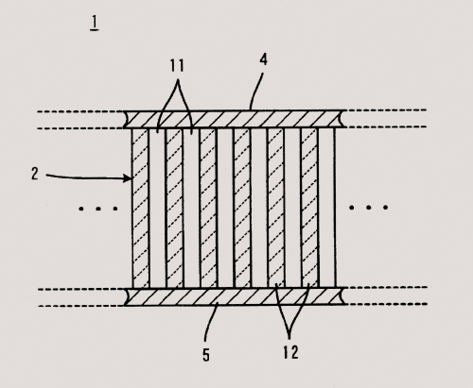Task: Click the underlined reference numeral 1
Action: point(95,24)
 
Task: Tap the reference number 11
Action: point(177,66)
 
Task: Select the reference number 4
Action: point(264,59)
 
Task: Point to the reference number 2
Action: point(35,174)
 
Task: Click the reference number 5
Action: point(206,355)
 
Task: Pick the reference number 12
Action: point(290,352)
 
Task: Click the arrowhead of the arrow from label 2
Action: point(128,178)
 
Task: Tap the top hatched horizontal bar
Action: point(234,119)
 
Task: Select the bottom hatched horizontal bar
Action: point(234,296)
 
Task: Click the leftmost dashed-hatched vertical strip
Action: point(140,208)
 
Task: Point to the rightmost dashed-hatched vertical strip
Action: point(309,208)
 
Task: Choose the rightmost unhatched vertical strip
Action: point(326,208)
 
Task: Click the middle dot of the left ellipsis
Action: point(98,209)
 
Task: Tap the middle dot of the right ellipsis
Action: point(368,208)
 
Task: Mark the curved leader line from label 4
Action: point(256,91)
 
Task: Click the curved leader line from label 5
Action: point(210,322)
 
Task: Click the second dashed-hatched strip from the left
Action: point(174,208)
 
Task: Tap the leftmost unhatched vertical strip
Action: point(157,208)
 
